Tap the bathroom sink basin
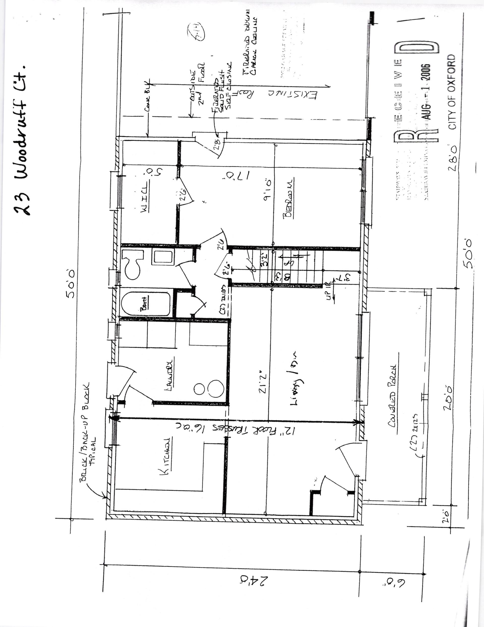163,257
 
